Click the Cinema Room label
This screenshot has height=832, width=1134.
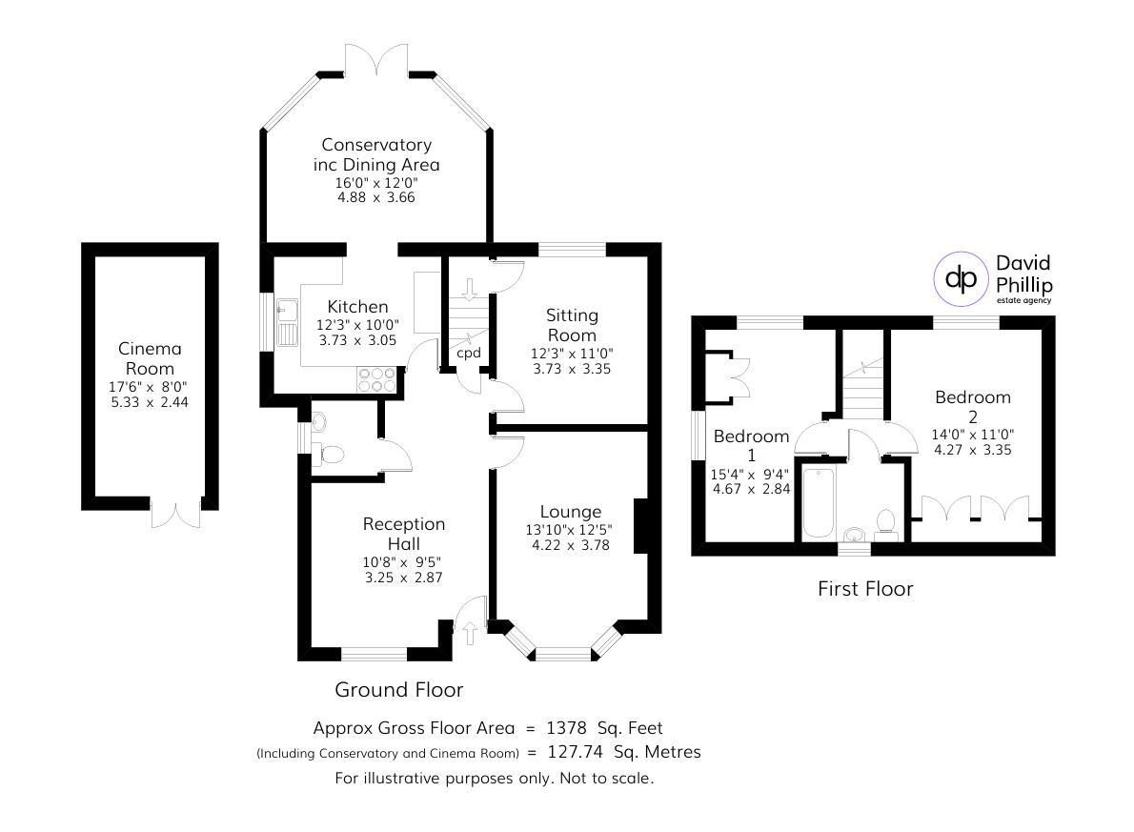click(150, 358)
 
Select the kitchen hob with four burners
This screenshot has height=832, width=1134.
click(376, 379)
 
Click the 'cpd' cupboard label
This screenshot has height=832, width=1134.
click(468, 353)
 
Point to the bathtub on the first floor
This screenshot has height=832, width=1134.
click(818, 502)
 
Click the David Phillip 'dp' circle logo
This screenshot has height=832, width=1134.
click(961, 278)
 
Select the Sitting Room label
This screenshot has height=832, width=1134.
click(572, 324)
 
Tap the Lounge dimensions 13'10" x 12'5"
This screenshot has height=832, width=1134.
click(570, 530)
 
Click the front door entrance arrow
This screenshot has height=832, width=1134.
click(470, 630)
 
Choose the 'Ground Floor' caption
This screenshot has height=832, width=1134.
click(398, 689)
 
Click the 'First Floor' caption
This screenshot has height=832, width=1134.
click(865, 589)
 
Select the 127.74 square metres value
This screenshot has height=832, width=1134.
click(580, 752)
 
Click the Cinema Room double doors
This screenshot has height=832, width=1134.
click(176, 512)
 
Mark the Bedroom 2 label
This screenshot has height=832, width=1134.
click(972, 407)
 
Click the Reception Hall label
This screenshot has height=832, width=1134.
click(404, 534)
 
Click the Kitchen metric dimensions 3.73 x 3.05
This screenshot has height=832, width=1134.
click(357, 339)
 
